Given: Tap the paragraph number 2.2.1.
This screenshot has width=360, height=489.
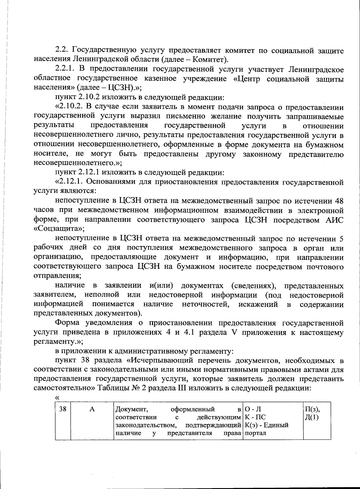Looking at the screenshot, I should coord(66,70).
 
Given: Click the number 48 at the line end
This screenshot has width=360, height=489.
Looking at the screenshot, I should coord(339,201).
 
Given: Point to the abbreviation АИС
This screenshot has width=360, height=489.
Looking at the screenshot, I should coord(334,220).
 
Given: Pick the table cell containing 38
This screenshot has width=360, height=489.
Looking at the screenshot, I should coord(63,409).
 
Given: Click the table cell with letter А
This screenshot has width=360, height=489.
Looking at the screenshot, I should coord(92,409).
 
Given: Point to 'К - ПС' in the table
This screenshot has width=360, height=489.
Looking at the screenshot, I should coord(255,417).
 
